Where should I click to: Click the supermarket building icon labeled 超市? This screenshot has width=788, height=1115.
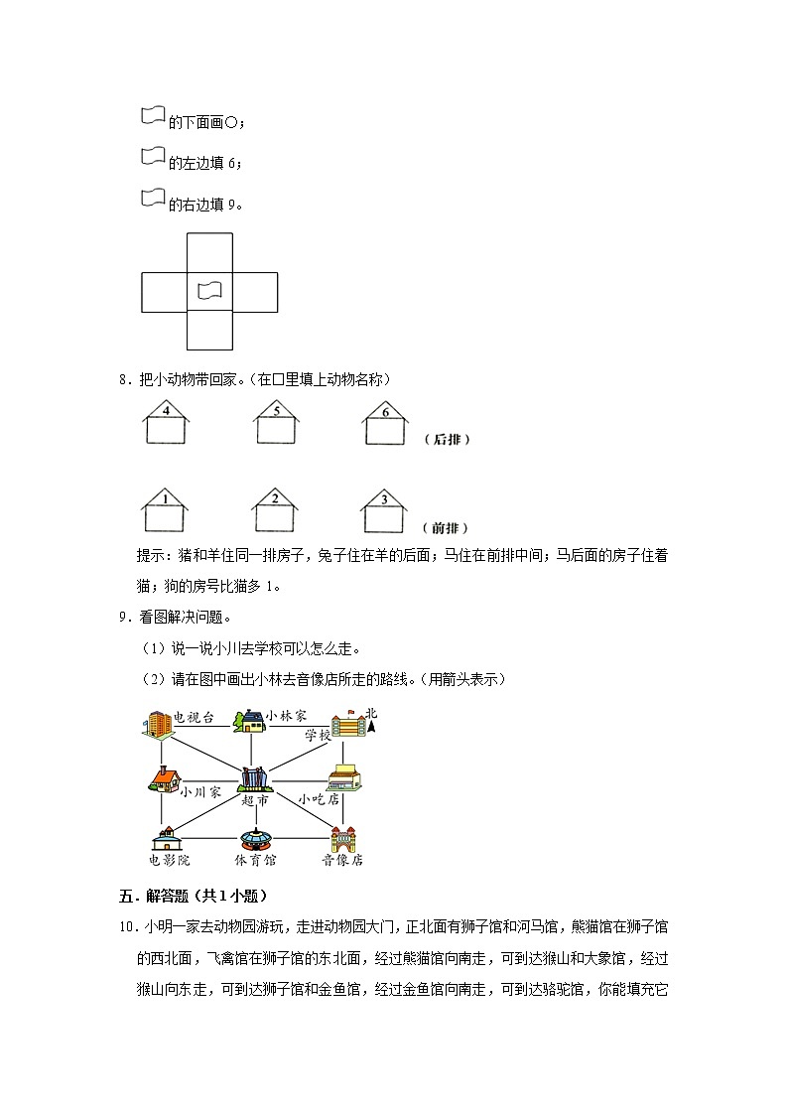(x=254, y=779)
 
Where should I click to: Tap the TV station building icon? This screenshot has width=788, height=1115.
(x=157, y=724)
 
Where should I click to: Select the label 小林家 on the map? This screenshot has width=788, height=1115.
(x=286, y=716)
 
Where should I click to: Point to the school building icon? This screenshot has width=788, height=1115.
(x=347, y=725)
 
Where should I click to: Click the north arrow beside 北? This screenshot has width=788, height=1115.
(x=370, y=730)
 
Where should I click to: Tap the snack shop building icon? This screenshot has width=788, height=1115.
(x=343, y=777)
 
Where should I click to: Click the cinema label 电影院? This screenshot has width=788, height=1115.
(x=168, y=860)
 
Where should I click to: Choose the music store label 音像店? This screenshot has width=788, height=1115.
(x=342, y=860)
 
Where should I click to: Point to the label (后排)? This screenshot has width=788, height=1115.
(x=446, y=439)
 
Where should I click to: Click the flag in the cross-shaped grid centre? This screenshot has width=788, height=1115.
(x=209, y=291)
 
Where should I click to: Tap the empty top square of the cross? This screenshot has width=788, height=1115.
(x=209, y=252)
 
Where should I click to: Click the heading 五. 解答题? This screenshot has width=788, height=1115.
(x=188, y=896)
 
